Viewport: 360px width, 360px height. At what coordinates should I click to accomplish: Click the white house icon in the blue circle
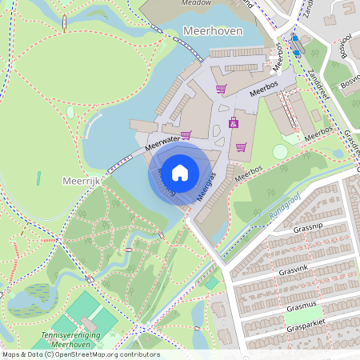click(x=180, y=172)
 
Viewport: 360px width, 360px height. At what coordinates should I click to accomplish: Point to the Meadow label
click(x=196, y=3)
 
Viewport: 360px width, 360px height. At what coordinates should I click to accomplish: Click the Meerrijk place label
click(x=80, y=182)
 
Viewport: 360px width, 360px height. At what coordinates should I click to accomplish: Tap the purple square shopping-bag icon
click(x=234, y=122)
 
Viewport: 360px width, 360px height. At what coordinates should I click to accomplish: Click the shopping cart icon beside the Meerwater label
click(x=186, y=135)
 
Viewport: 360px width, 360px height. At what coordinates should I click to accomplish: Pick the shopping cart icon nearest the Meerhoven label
click(x=221, y=88)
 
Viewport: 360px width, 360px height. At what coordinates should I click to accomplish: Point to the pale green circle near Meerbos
click(x=280, y=151)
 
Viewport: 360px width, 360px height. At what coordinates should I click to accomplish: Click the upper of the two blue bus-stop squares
click(x=294, y=38)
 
